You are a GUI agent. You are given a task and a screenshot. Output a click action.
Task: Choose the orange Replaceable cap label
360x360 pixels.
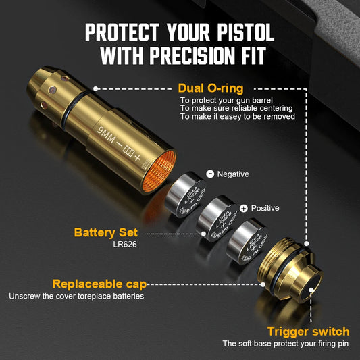(x=99, y=284)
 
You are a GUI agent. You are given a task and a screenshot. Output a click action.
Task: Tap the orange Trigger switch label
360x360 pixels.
(x=308, y=331)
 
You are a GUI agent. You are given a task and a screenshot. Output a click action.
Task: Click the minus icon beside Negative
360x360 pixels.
(x=209, y=174)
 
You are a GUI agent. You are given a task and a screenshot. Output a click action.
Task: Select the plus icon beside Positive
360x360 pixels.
(x=244, y=208)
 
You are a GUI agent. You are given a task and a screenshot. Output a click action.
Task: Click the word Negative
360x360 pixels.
(x=233, y=174)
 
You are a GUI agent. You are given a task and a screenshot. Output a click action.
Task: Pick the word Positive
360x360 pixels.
(x=265, y=208)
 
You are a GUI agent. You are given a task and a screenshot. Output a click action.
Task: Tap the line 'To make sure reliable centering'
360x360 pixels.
(x=236, y=108)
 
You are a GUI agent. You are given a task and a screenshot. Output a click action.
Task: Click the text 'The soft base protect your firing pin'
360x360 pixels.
(x=286, y=344)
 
